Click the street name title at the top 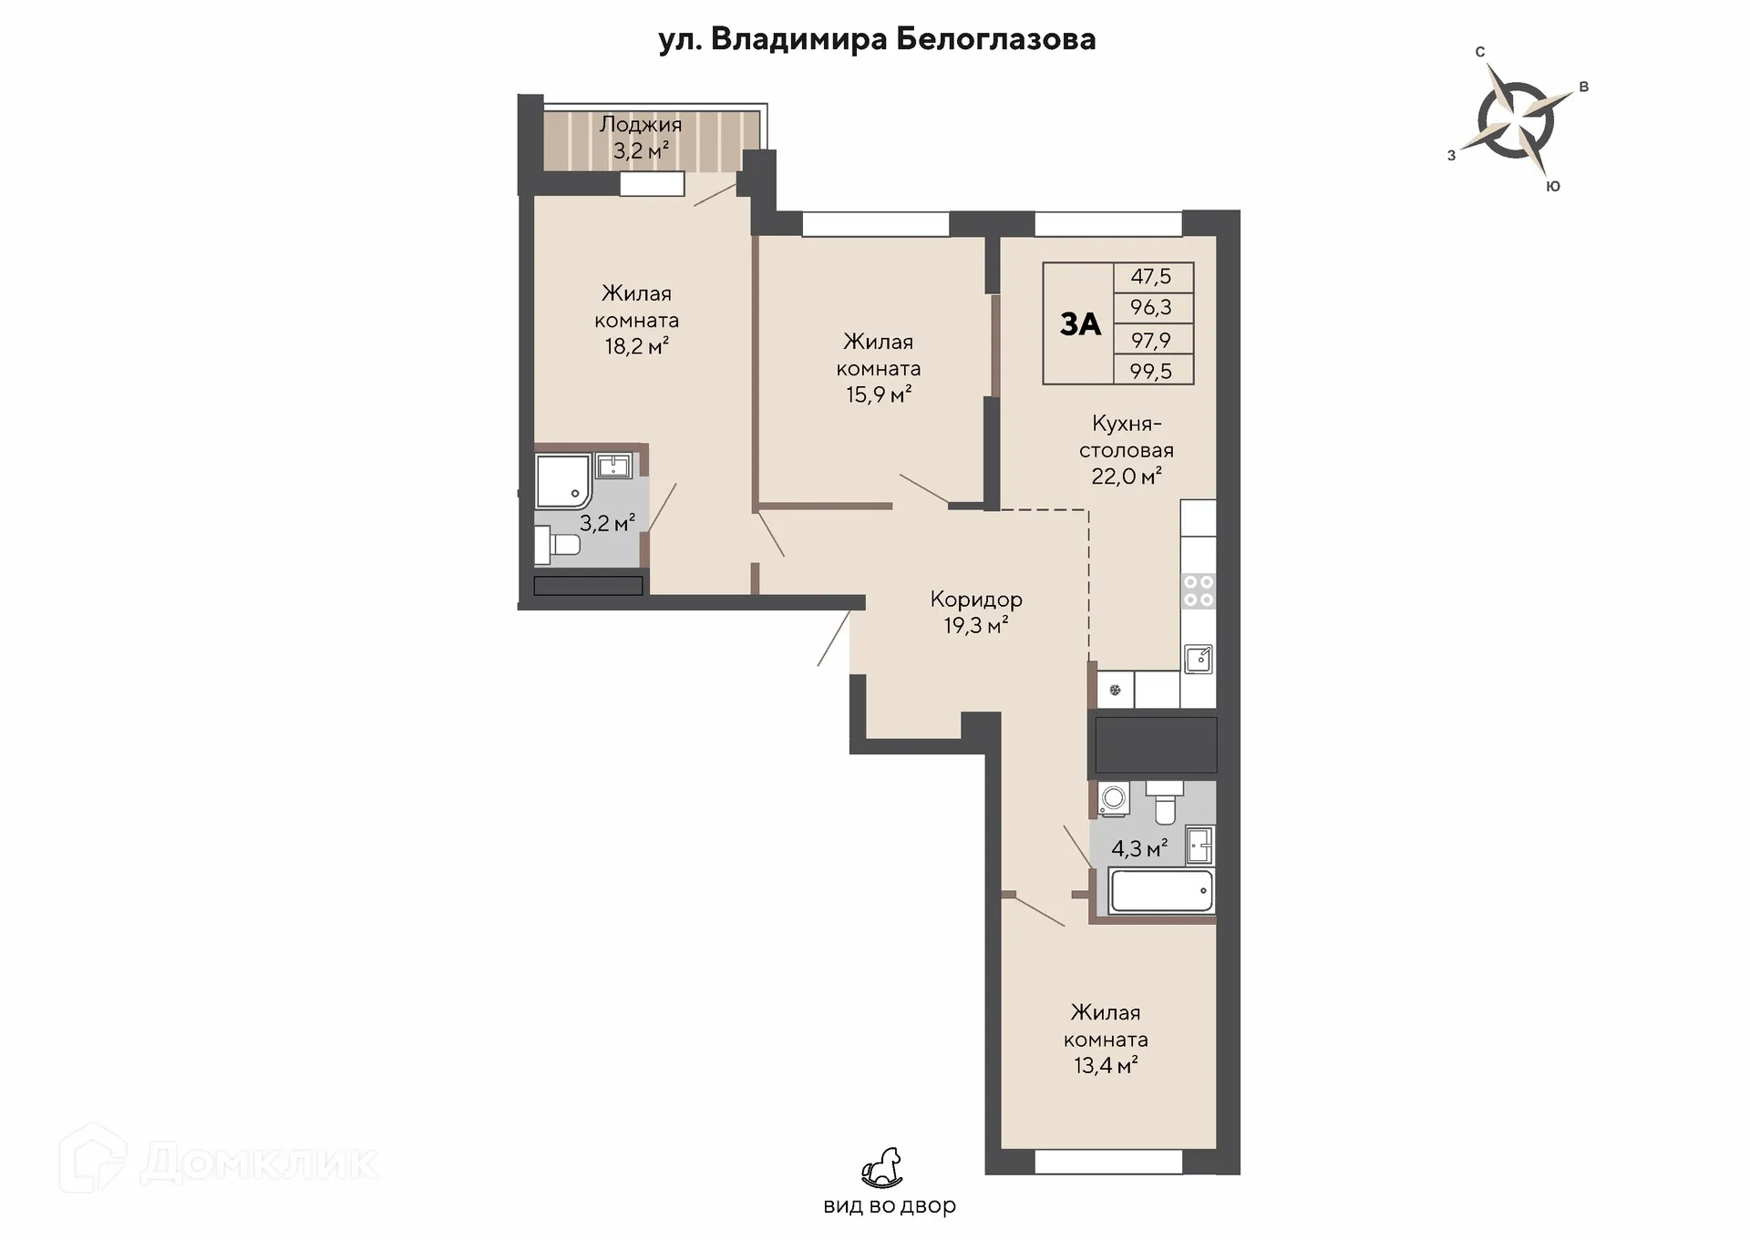tap(877, 39)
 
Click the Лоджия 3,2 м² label tap(641, 138)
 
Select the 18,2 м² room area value tap(637, 346)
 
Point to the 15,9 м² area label tap(879, 395)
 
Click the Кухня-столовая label tap(1127, 436)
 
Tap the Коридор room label tap(976, 600)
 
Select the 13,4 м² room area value tap(1106, 1065)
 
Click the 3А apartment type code tap(1080, 323)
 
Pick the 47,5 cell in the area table tap(1151, 276)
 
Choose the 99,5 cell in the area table tap(1151, 371)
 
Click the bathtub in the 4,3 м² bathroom tap(1162, 890)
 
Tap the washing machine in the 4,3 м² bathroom tap(1114, 799)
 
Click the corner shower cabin tap(563, 481)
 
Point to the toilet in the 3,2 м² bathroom tap(557, 546)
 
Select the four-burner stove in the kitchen tap(1199, 589)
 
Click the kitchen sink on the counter tap(1199, 659)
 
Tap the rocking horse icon tap(882, 1168)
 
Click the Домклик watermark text tap(259, 1162)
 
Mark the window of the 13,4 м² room tap(1108, 1162)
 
